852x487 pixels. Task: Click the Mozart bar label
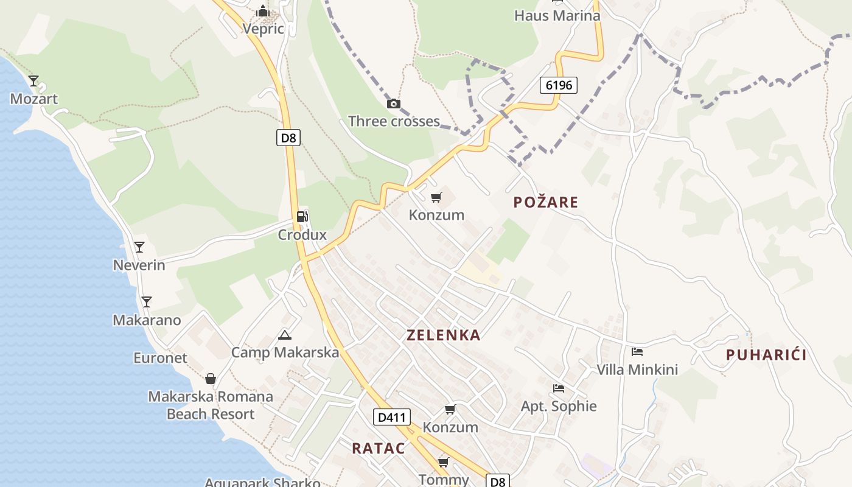coord(34,99)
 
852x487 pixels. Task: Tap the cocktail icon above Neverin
coord(139,247)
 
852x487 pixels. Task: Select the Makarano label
coord(147,320)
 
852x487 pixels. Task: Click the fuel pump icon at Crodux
coord(302,217)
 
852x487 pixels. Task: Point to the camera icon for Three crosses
coord(394,103)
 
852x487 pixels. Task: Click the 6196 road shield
coord(558,85)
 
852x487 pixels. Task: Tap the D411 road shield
coord(391,418)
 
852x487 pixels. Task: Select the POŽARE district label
coord(545,202)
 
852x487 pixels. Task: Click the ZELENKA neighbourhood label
coord(443,335)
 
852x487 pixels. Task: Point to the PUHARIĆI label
coord(766,355)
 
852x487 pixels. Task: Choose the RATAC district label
coord(378,449)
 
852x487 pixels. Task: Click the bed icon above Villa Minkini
coord(637,352)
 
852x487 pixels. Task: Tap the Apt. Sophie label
coord(559,406)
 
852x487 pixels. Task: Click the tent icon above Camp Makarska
coord(284,335)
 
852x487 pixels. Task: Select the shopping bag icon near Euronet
coord(211,379)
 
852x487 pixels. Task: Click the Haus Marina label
coord(557,16)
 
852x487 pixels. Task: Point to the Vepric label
coord(263,29)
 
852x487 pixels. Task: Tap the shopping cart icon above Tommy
coord(443,463)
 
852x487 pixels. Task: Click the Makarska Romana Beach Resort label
coord(211,405)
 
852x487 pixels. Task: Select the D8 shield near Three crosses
coord(288,138)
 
